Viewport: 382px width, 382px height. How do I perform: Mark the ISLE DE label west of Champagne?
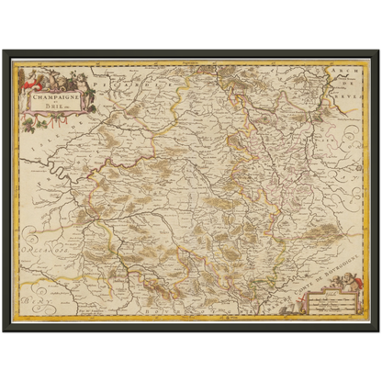coord(55,147)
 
